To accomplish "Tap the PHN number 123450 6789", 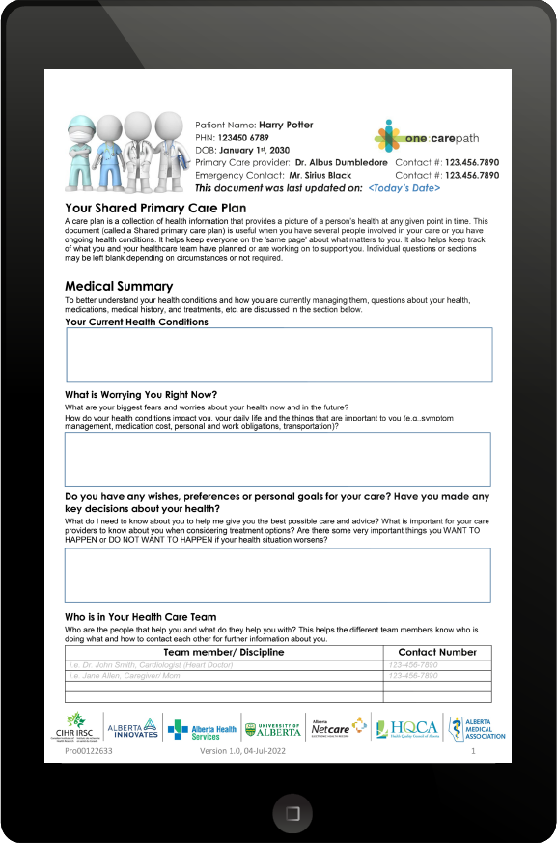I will (x=246, y=138).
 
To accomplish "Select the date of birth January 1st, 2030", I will (x=255, y=151).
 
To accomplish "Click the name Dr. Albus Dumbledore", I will (x=341, y=163).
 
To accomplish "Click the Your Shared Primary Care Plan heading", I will (x=155, y=208).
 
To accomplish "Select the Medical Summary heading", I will (x=119, y=287).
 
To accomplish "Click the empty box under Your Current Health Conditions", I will (x=279, y=354).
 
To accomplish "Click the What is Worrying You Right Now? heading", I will (x=141, y=394).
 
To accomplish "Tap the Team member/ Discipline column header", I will (x=224, y=653).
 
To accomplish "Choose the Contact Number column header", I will (x=437, y=653).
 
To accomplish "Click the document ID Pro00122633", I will (x=89, y=750).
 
